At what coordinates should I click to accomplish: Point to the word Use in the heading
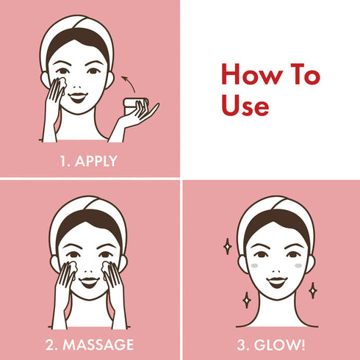[x=245, y=105]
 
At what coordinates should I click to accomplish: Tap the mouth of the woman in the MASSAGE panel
[x=89, y=280]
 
